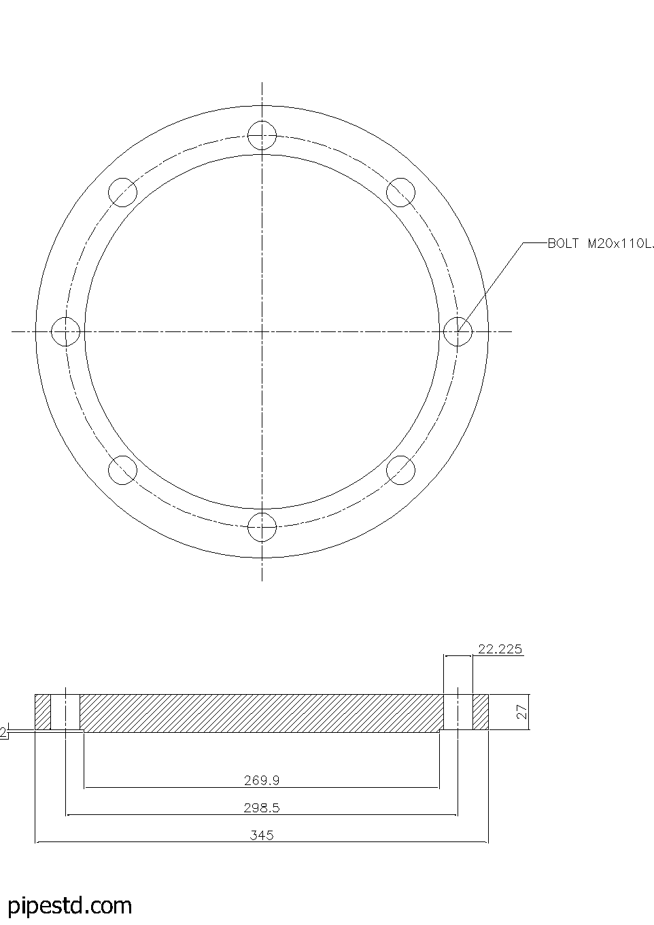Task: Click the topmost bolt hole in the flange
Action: point(262,135)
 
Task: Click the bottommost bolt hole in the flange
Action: point(262,526)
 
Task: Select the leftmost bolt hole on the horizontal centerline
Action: point(66,331)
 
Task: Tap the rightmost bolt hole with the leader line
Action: point(458,331)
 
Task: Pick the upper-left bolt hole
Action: point(123,192)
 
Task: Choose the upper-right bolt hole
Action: point(400,192)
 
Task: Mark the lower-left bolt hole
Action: point(123,470)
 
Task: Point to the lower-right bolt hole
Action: point(400,470)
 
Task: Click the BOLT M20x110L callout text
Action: point(600,244)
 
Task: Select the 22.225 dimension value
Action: point(500,649)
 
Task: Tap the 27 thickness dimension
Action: point(522,712)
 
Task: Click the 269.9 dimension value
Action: point(262,780)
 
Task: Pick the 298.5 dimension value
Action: point(262,808)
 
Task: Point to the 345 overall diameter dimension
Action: point(262,835)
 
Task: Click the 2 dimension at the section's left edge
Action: point(3,732)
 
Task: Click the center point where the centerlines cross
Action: point(262,331)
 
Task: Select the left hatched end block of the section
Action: point(43,712)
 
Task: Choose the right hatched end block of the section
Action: point(481,712)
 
